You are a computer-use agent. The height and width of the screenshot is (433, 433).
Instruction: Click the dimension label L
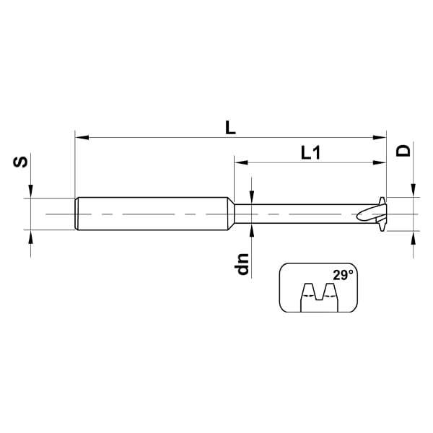230,128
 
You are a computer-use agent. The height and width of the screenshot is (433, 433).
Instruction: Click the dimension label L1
311,152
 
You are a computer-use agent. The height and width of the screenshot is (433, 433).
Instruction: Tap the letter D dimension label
404,150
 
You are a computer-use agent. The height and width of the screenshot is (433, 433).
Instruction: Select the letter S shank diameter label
22,162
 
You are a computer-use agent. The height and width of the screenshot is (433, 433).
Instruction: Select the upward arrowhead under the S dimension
30,235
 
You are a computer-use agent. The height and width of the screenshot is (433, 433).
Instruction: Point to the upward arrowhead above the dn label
250,229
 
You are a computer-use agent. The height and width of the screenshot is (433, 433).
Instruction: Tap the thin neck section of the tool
296,214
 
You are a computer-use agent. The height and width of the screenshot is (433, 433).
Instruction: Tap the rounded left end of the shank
77,214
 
